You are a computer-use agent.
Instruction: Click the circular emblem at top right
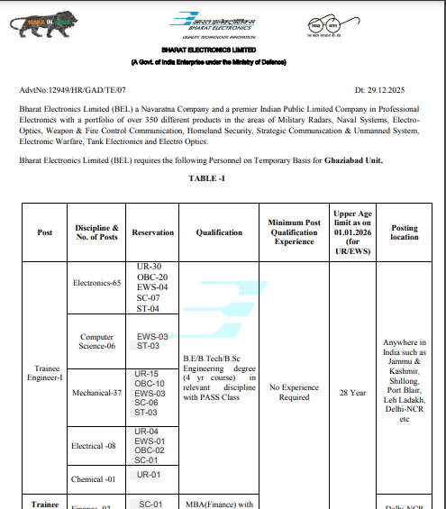point(325,24)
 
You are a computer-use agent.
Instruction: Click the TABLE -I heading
point(207,178)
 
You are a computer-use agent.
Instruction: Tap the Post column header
point(45,232)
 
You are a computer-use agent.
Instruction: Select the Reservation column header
point(152,232)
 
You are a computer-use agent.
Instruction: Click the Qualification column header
point(219,232)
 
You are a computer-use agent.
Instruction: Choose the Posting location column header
point(405,232)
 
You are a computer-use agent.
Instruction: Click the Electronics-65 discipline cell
point(97,283)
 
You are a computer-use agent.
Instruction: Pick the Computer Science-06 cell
point(97,341)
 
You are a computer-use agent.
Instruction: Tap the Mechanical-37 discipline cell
point(97,393)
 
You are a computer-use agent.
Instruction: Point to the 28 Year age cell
point(351,393)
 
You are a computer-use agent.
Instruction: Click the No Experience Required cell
point(295,393)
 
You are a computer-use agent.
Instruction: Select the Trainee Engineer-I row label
point(45,373)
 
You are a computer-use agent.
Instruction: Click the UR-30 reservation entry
point(150,268)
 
